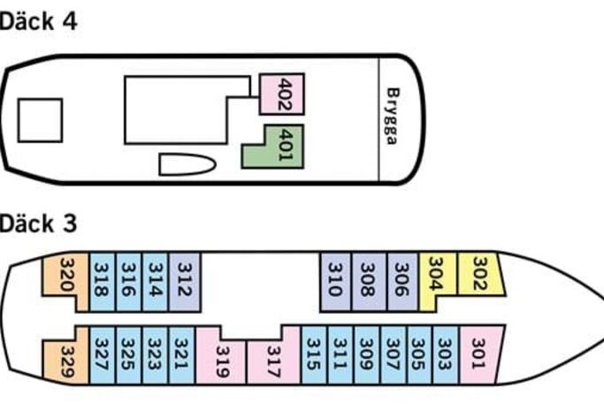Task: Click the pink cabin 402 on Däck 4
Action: coord(283,94)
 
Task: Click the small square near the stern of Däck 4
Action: coord(40,120)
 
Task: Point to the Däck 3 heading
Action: coord(38,223)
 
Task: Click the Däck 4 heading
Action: coord(38,22)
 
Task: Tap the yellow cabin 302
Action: coord(479,273)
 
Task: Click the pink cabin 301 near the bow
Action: coord(478,354)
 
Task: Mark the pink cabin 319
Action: coord(220,360)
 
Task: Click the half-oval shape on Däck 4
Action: coord(185,164)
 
